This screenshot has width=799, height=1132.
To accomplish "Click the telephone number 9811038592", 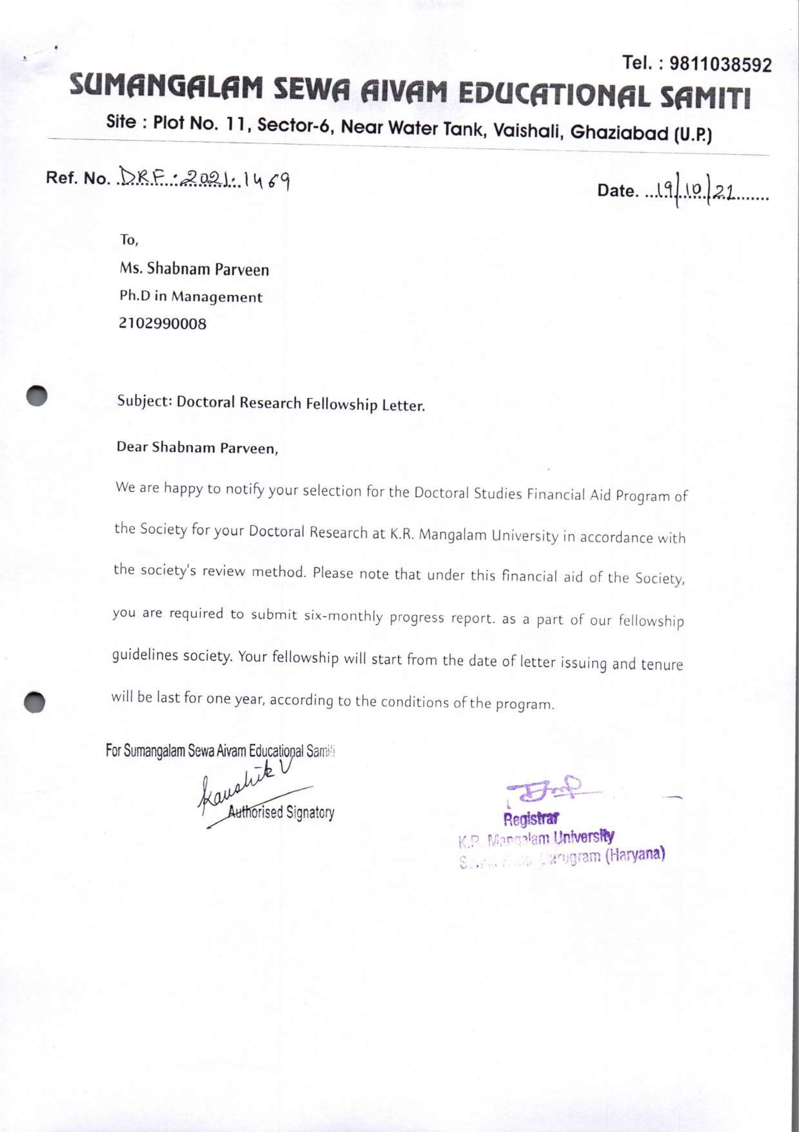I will coord(721,64).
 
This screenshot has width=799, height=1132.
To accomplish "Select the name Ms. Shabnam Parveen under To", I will coord(194,269).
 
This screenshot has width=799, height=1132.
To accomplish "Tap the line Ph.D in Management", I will coord(191,297).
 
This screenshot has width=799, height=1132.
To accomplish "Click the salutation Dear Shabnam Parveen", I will coord(197,448).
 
